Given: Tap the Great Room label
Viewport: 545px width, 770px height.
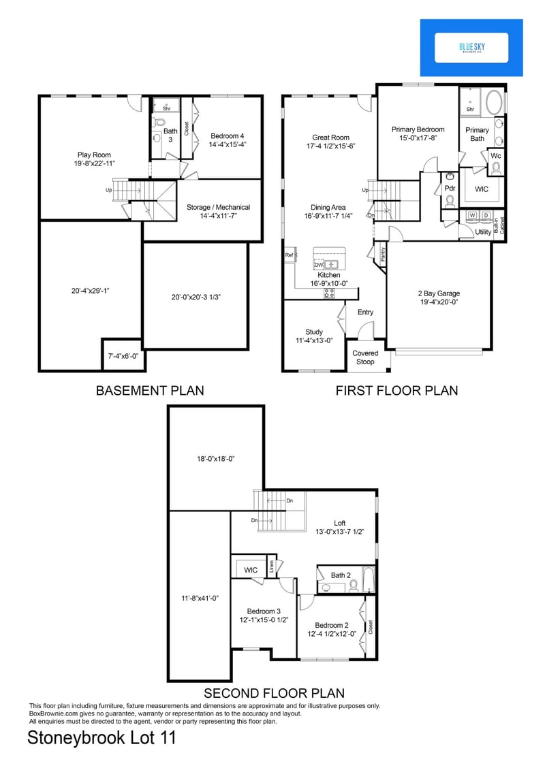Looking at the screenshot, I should (x=330, y=137).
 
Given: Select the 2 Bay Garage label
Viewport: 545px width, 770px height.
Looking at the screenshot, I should (x=438, y=294).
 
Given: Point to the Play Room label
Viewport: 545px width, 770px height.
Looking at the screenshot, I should (x=93, y=155).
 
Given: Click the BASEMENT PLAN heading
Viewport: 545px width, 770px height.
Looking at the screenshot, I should (x=149, y=391).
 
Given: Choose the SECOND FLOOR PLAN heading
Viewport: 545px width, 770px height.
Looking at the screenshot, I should (x=274, y=694).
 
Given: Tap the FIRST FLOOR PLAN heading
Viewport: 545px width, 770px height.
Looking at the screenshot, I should (x=396, y=391).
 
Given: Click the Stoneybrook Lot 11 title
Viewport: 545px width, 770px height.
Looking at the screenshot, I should (x=102, y=738).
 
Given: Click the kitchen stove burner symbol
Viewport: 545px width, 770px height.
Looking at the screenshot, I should (x=329, y=293).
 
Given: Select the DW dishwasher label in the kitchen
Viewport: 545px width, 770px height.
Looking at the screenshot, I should (x=318, y=264).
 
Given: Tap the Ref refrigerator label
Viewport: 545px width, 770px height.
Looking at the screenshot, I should (x=289, y=255).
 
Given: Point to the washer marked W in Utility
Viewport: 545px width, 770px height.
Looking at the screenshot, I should (x=471, y=216).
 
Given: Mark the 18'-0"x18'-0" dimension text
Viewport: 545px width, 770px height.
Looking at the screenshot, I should (x=211, y=459).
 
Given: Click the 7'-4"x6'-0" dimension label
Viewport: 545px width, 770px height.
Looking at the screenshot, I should (x=122, y=356).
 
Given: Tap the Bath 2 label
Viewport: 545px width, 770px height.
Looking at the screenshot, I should (x=341, y=575).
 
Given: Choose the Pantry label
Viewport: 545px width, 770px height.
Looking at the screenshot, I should (x=383, y=255).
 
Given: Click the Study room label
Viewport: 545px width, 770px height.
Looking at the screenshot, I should (x=314, y=332).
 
